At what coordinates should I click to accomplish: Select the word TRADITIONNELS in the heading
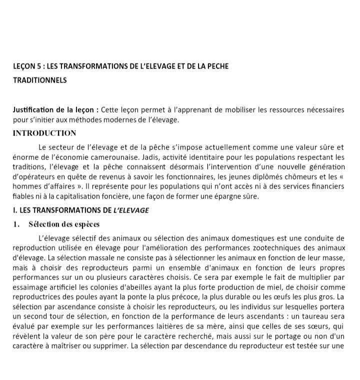(39, 80)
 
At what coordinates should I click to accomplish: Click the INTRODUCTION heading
(44, 133)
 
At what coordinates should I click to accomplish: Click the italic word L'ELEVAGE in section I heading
(131, 210)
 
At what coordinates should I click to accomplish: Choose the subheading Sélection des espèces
(64, 224)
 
